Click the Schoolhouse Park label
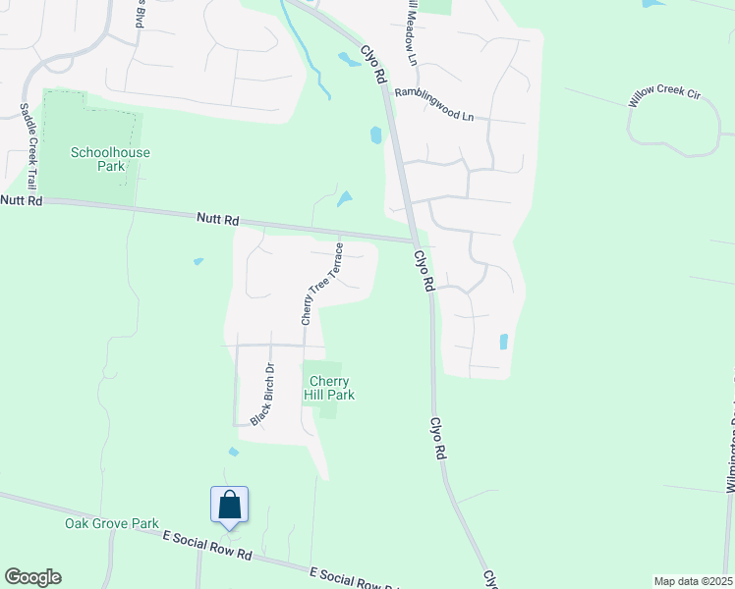[x=96, y=159]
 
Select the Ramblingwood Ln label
[x=433, y=105]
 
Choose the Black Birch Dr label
[x=261, y=395]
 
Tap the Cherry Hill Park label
[x=331, y=388]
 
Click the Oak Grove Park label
[x=112, y=523]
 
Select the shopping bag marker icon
[x=230, y=505]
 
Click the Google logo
[x=32, y=577]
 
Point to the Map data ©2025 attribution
[x=693, y=581]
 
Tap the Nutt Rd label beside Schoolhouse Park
[x=22, y=200]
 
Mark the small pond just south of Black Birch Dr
[x=233, y=453]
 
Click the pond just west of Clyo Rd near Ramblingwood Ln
[x=376, y=135]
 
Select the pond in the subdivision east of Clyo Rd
[x=504, y=343]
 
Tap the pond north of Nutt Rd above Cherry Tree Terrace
[x=344, y=199]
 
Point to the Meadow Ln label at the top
[x=410, y=33]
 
